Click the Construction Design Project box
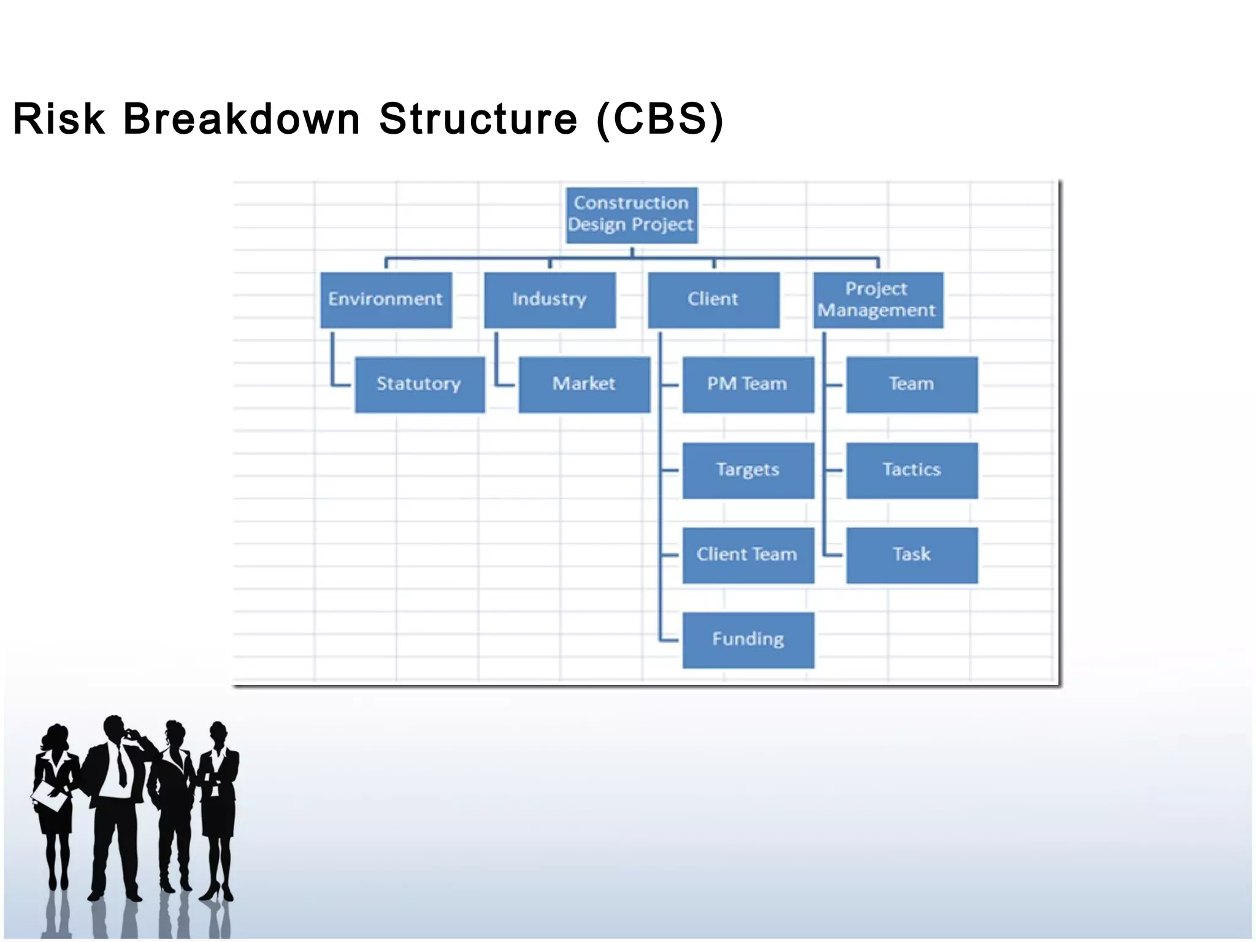pyautogui.click(x=631, y=215)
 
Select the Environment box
pyautogui.click(x=386, y=300)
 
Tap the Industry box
pyautogui.click(x=549, y=300)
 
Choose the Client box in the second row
pyautogui.click(x=713, y=300)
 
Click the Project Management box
pyautogui.click(x=878, y=300)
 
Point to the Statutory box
pyautogui.click(x=419, y=385)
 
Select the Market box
pyautogui.click(x=584, y=385)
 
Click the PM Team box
pyautogui.click(x=748, y=385)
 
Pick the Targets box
pyautogui.click(x=748, y=470)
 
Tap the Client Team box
pyautogui.click(x=748, y=555)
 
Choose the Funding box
pyautogui.click(x=748, y=640)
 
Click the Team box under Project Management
pyautogui.click(x=912, y=385)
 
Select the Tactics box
pyautogui.click(x=912, y=470)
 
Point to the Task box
pyautogui.click(x=912, y=555)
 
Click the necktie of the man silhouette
pyautogui.click(x=121, y=767)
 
